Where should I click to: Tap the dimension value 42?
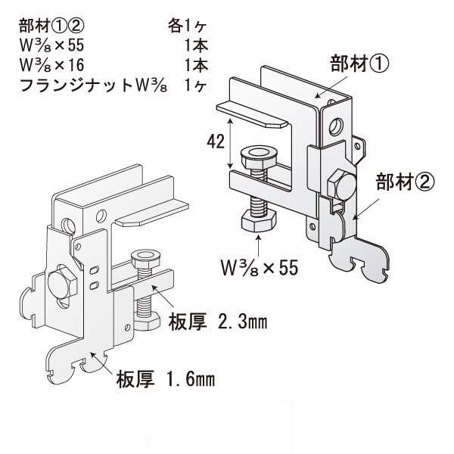click(x=215, y=140)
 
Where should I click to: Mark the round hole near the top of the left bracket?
click(x=69, y=225)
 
